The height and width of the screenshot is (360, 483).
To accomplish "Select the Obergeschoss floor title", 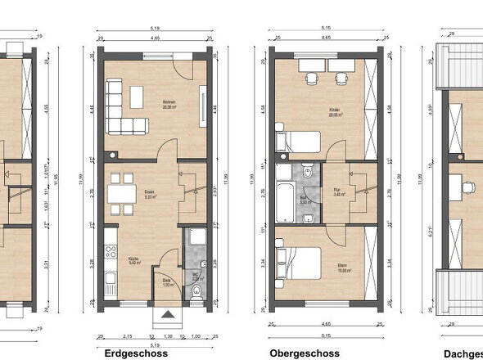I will [305, 353].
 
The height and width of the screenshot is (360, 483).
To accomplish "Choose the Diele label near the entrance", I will [166, 281].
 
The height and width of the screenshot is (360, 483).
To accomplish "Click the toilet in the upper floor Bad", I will [305, 173].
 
